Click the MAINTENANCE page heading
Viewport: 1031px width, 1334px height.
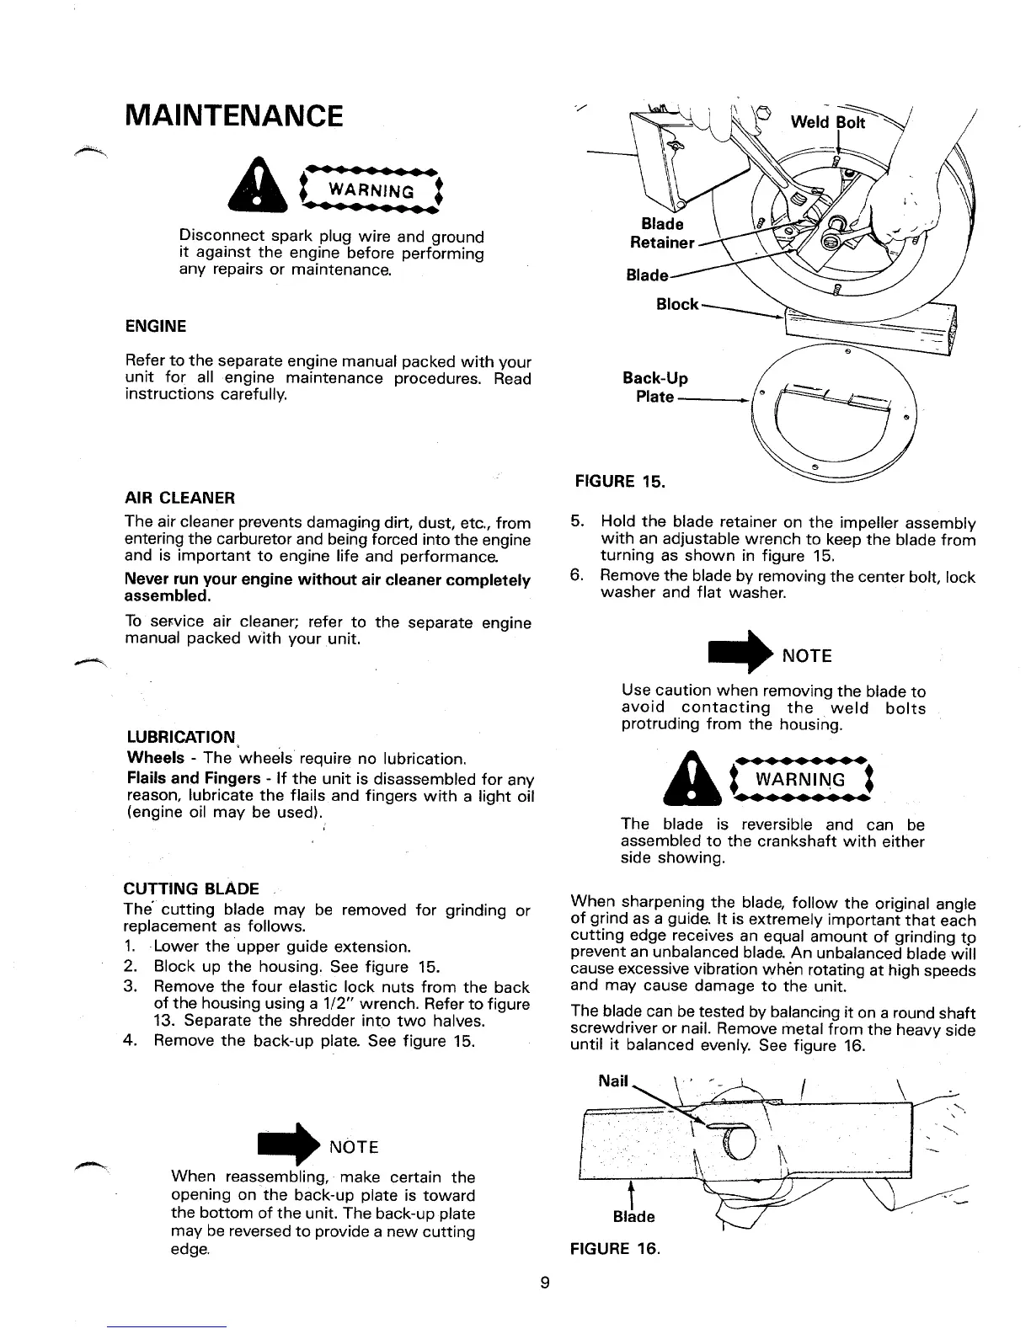[x=233, y=115]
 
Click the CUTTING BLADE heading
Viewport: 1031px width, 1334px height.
[x=191, y=889]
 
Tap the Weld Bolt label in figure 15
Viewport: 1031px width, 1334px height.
[x=827, y=123]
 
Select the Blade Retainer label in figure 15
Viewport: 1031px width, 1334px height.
[x=663, y=233]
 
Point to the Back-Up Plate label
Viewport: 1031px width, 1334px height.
[x=655, y=387]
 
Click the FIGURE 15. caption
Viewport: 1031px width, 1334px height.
[x=619, y=483]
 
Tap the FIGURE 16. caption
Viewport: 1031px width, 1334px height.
[x=615, y=1247]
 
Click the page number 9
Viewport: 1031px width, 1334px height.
[x=545, y=1283]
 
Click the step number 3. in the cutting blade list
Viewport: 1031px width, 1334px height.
[x=131, y=987]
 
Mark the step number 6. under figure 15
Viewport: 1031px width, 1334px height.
[x=577, y=577]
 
